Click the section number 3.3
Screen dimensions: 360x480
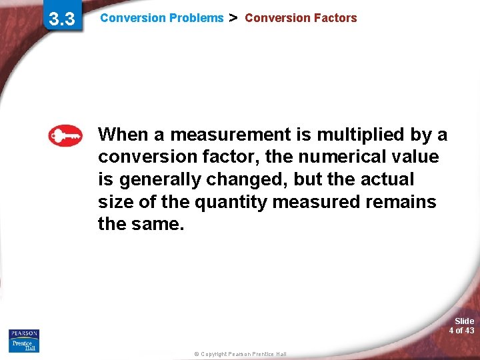coord(61,19)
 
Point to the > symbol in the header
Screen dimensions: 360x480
coord(233,18)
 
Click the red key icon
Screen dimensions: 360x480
coord(65,136)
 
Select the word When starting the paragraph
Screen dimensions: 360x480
coord(124,135)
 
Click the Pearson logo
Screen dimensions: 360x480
coord(24,333)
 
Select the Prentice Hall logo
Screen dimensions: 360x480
coord(24,345)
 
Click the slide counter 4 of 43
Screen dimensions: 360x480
coord(461,330)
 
